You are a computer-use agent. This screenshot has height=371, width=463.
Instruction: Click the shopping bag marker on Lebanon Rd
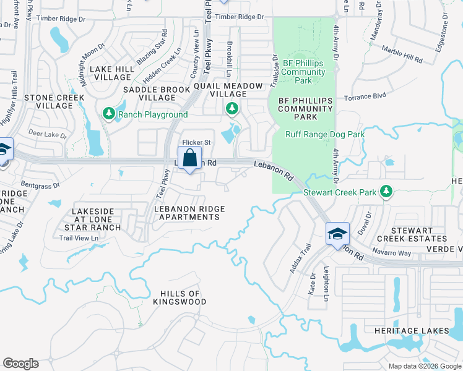[189, 158]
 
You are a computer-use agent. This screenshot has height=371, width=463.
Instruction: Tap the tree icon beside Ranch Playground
[108, 114]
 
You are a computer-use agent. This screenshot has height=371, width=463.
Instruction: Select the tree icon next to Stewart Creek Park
[387, 192]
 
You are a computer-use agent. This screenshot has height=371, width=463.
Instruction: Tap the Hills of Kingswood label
[180, 297]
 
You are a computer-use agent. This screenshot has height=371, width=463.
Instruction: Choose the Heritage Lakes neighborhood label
[412, 331]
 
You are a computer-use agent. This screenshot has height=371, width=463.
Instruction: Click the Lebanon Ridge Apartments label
[189, 213]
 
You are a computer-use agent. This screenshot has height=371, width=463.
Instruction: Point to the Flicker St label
[197, 142]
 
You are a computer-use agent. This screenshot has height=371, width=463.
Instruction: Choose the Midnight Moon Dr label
[84, 56]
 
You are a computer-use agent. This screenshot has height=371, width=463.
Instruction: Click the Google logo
[20, 364]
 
